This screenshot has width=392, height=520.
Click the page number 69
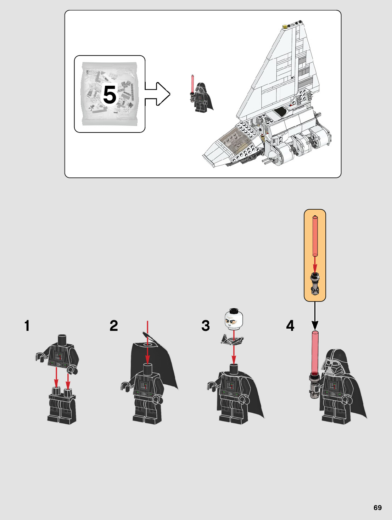point(377,508)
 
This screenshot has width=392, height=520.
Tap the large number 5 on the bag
point(110,95)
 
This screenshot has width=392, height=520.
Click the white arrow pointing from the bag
point(157,94)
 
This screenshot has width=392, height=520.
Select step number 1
point(27,326)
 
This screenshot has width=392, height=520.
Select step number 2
point(114,326)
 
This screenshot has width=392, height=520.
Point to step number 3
point(206,326)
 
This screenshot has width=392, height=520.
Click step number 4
point(290,326)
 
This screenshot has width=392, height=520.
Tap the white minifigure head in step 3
point(234,319)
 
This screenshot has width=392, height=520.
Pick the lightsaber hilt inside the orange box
point(315,284)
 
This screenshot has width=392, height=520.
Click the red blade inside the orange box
point(315,236)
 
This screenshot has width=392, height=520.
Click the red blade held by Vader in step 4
point(315,352)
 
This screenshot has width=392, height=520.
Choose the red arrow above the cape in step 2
point(147,342)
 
